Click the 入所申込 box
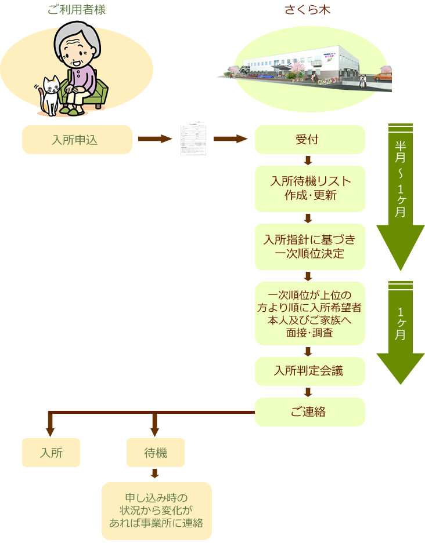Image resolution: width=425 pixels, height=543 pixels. tap(77, 140)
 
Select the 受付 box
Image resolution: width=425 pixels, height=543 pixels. tap(309, 140)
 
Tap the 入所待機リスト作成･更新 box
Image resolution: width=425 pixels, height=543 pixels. tap(309, 188)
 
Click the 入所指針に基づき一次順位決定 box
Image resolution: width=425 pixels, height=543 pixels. tap(309, 246)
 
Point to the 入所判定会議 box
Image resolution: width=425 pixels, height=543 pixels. tap(309, 371)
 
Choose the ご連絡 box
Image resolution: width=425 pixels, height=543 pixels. tap(309, 412)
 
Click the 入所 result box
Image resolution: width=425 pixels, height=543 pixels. tap(51, 453)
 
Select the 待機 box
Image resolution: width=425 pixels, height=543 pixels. tap(155, 453)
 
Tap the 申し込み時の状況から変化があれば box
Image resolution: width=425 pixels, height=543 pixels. tap(156, 511)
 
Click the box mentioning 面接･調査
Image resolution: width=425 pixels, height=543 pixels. tap(309, 313)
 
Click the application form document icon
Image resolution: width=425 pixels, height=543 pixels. tap(193, 139)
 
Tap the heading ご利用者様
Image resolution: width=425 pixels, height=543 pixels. tap(76, 10)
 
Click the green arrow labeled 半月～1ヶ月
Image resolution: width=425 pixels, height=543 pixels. tap(401, 197)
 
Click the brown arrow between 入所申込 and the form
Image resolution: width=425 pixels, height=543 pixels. tap(155, 139)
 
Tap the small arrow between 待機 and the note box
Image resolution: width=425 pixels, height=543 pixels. tap(155, 473)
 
